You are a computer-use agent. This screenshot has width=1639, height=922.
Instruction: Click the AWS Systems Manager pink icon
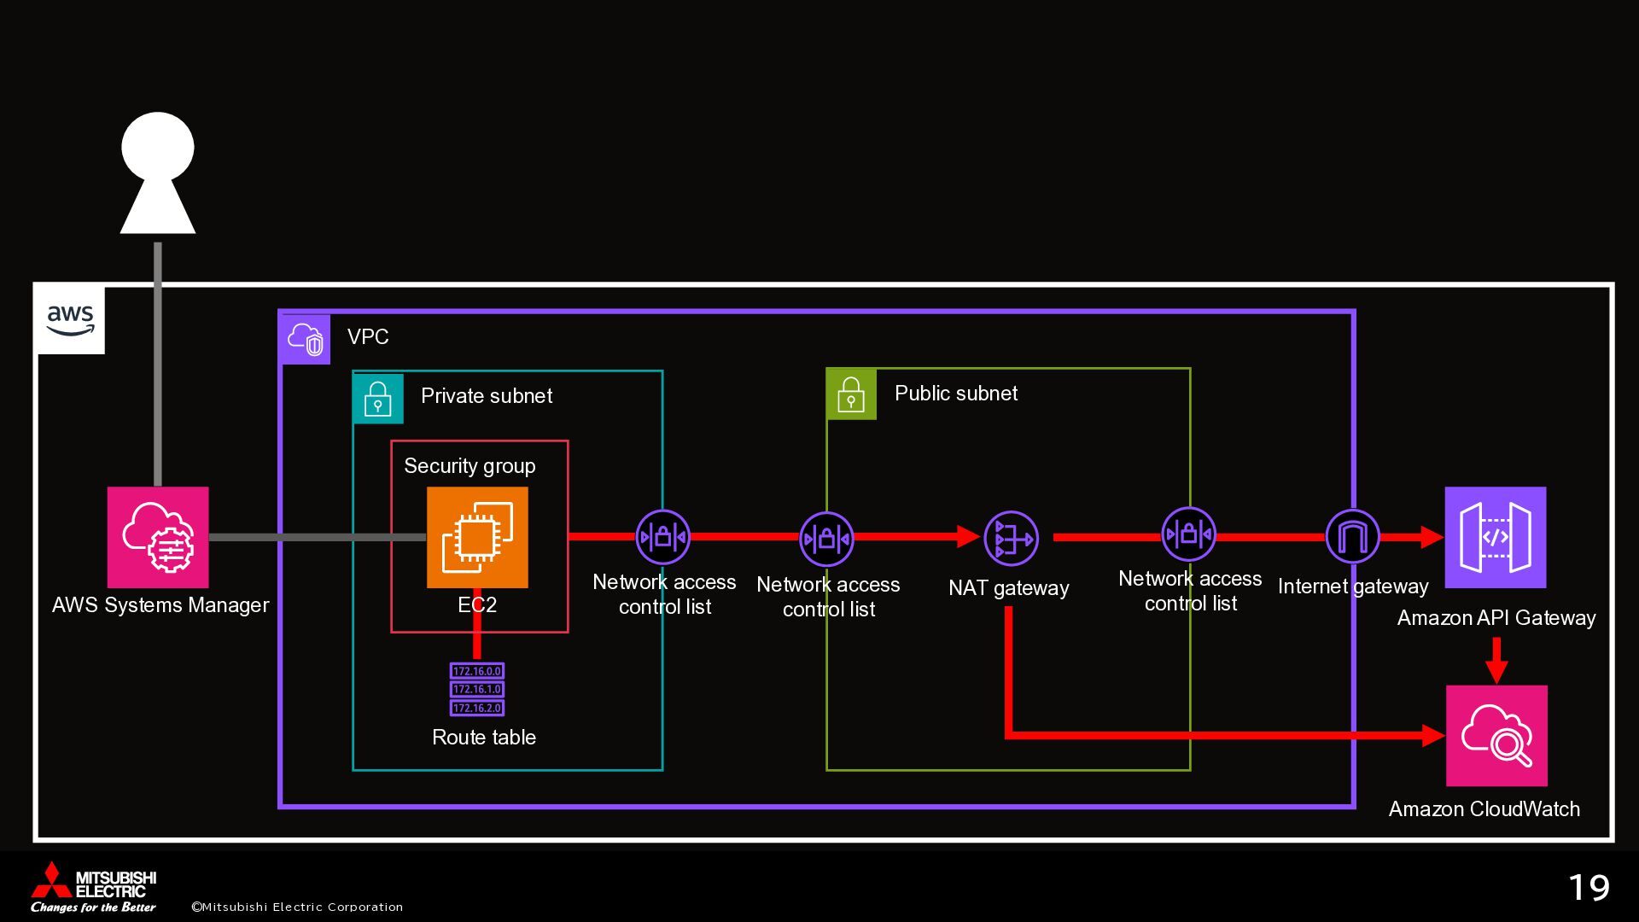point(158,537)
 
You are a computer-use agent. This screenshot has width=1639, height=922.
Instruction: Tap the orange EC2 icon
point(477,537)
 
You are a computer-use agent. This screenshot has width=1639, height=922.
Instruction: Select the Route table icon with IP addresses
point(477,689)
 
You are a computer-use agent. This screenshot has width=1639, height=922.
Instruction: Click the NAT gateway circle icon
point(1011,539)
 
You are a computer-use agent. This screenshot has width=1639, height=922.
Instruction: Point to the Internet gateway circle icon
point(1352,537)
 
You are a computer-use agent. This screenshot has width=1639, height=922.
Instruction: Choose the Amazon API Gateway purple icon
point(1496,537)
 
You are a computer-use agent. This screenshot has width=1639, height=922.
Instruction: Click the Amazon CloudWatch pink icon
point(1496,735)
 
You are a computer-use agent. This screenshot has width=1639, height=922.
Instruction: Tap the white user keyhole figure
point(158,172)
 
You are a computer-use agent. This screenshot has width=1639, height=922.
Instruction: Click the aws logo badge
point(71,320)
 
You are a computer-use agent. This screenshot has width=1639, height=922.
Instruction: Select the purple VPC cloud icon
point(306,339)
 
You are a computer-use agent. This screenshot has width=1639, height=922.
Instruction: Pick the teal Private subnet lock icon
point(378,399)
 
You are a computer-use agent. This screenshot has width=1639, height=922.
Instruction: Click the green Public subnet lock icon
point(852,394)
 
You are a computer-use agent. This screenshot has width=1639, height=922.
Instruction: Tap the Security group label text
point(470,466)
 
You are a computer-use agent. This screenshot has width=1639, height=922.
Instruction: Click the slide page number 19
point(1589,888)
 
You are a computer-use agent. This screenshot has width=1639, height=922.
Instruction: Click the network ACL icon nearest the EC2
point(663,537)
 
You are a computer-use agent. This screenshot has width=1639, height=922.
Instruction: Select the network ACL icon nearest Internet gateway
point(1189,535)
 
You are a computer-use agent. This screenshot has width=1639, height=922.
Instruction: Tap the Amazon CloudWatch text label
point(1484,809)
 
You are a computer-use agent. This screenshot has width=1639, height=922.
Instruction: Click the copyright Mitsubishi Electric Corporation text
point(297,907)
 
